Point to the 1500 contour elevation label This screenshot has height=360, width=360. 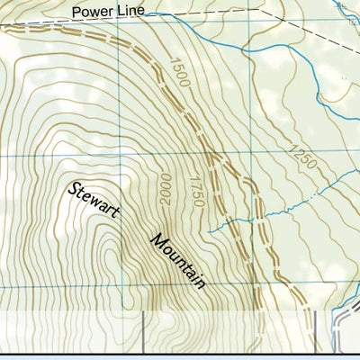click(179, 72)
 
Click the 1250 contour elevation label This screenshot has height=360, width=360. click(303, 157)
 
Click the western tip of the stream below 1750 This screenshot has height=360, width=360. click(208, 231)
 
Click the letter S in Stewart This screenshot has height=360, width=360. click(72, 188)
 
